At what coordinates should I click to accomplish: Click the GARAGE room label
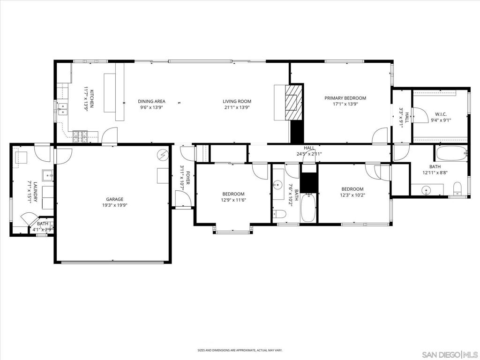click(x=114, y=199)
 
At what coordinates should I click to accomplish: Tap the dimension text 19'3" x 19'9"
click(x=114, y=205)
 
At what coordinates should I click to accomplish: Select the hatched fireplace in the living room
click(x=294, y=102)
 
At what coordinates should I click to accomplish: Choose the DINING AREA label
click(x=151, y=101)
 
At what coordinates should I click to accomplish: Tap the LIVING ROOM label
click(x=237, y=101)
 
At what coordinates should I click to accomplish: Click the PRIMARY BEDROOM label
click(x=345, y=98)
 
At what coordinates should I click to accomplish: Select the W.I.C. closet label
click(x=441, y=114)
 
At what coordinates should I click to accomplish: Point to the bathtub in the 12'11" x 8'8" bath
click(x=451, y=153)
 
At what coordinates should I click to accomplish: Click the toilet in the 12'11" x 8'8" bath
click(x=457, y=188)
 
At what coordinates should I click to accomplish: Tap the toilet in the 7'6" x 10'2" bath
click(x=281, y=214)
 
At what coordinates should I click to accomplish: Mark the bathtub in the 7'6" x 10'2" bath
click(x=308, y=208)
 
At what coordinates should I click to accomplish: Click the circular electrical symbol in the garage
click(x=163, y=155)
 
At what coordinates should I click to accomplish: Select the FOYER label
click(x=187, y=178)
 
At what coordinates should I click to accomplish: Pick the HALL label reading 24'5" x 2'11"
click(x=309, y=148)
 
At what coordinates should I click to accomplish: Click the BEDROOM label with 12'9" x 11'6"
click(x=233, y=194)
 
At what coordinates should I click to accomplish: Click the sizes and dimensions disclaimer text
click(x=240, y=350)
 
